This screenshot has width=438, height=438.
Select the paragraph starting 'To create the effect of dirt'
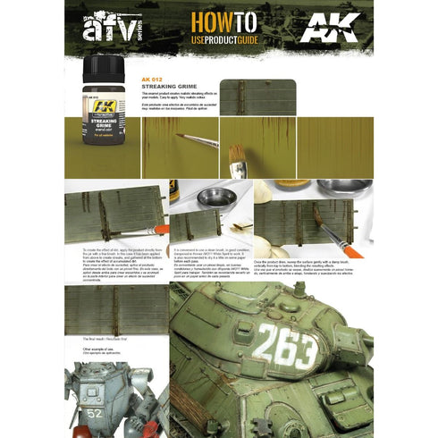(113, 266)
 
